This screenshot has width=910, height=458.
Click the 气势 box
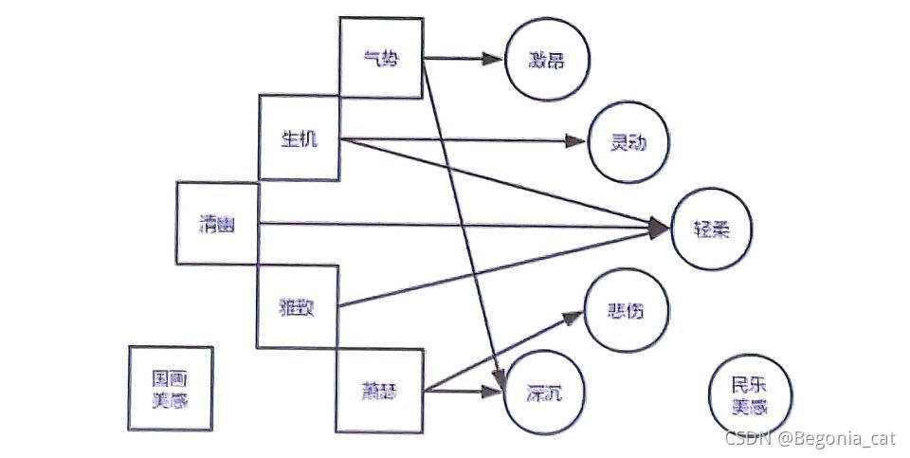(381, 57)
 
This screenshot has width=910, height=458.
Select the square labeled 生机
(300, 138)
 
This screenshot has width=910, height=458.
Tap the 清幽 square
(217, 224)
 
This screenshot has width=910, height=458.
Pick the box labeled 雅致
(298, 306)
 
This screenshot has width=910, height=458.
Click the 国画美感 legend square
(171, 388)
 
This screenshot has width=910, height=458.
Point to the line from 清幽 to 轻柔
(455, 225)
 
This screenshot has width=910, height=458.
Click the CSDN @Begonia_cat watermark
(810, 438)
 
